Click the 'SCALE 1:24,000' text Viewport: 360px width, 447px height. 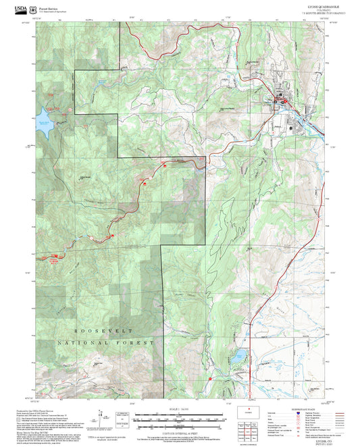click(x=180, y=409)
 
